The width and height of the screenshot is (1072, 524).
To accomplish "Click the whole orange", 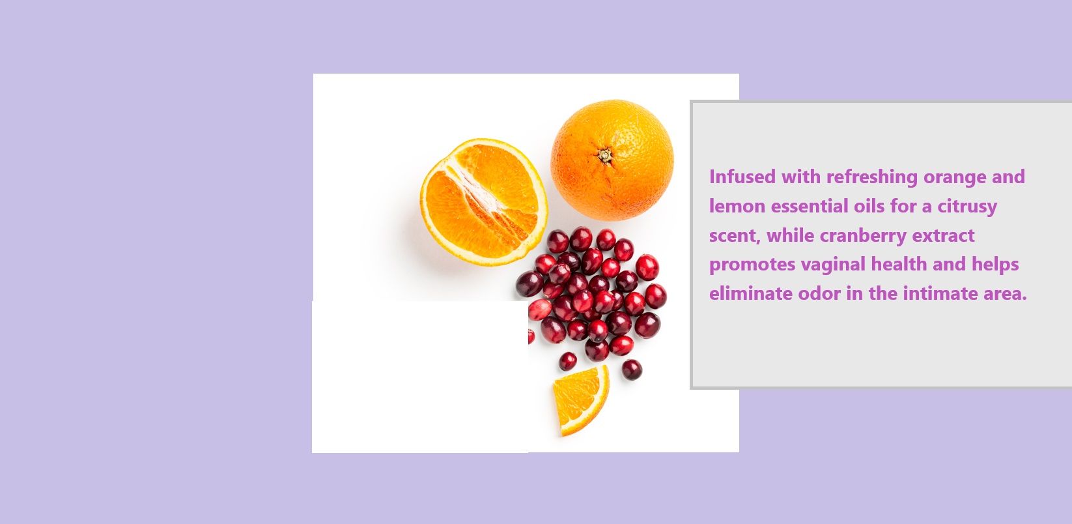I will [612, 160].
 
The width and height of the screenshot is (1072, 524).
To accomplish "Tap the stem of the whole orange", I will [605, 155].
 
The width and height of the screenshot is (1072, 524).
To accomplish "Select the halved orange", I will [483, 201].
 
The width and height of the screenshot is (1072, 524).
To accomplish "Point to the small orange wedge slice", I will [579, 399].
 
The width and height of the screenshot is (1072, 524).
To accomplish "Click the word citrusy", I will [967, 206].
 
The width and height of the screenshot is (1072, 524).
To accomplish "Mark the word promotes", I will [752, 265].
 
